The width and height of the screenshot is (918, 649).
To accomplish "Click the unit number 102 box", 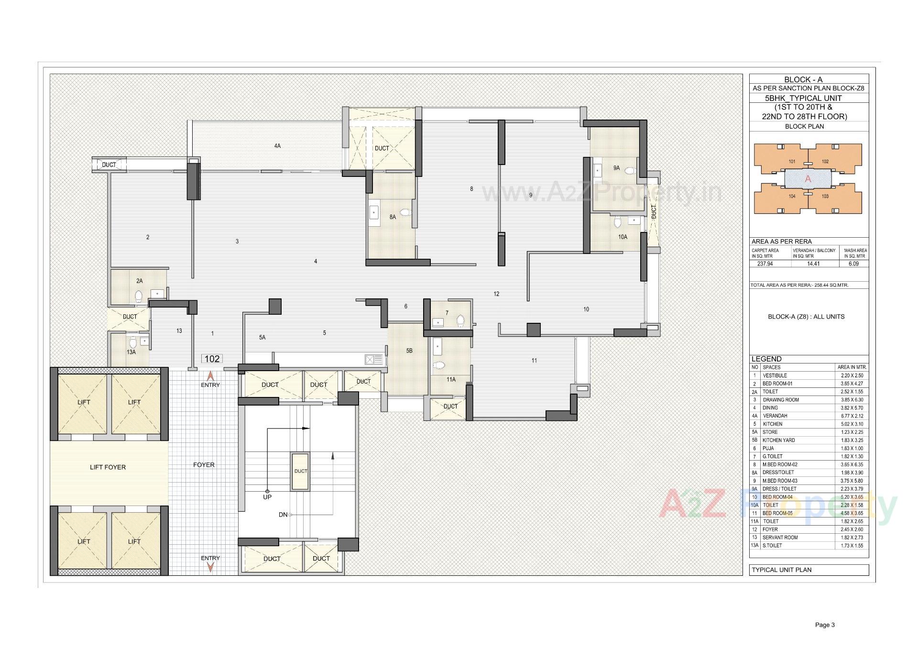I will (212, 359).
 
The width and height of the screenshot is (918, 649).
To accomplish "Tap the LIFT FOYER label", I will (108, 467).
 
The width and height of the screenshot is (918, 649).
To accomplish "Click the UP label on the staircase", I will (267, 497).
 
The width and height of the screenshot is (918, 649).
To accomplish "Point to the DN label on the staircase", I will (283, 515).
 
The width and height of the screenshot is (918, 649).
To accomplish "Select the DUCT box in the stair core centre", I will (301, 471).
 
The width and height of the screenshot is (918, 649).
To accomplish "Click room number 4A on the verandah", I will (277, 146).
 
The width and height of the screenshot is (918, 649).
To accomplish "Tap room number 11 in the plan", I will (534, 361).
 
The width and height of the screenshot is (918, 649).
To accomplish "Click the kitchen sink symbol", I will (374, 360).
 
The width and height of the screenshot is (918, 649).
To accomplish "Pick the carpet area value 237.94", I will (765, 264).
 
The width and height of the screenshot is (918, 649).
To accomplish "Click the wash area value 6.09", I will (854, 264).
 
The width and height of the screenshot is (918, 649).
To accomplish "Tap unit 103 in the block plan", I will (825, 196).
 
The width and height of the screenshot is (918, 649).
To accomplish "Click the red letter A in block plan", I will (808, 179).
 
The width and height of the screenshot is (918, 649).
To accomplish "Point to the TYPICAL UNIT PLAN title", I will (782, 570).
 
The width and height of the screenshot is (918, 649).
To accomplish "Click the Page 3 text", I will (825, 625).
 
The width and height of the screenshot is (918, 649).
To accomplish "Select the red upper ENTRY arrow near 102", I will (210, 377).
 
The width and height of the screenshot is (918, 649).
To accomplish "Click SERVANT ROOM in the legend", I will (780, 538).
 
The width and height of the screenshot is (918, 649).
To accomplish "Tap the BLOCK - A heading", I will (803, 80).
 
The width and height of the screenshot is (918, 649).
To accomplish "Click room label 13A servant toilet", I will (131, 352).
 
